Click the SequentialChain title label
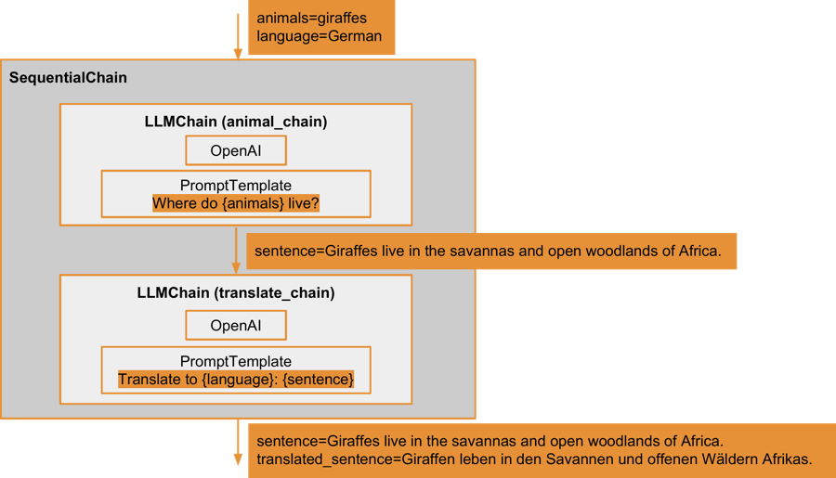[x=68, y=78]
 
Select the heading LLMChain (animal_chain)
[x=236, y=122]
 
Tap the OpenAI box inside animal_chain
[x=236, y=150]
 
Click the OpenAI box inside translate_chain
[x=236, y=326]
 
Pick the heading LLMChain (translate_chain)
[x=236, y=293]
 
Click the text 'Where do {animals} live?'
[x=236, y=204]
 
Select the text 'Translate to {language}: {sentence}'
[x=236, y=380]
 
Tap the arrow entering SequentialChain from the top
[x=238, y=37]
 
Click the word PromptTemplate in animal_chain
[x=236, y=186]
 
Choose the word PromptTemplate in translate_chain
[x=236, y=361]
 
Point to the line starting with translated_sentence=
[x=534, y=459]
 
